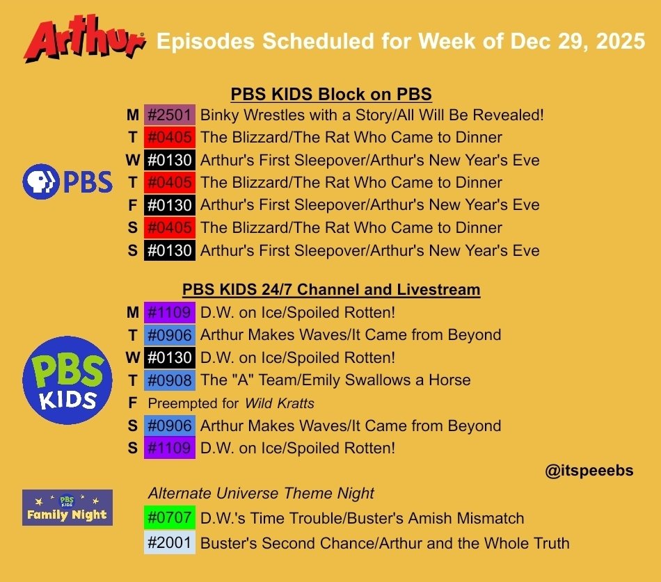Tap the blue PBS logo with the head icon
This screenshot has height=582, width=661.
[x=67, y=182]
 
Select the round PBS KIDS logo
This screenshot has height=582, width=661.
[x=67, y=380]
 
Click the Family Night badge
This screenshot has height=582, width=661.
[x=67, y=508]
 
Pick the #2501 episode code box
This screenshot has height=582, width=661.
[x=170, y=115]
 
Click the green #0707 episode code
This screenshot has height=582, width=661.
[x=170, y=518]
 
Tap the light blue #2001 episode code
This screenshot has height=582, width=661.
[x=170, y=543]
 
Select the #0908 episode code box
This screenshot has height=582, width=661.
[x=170, y=380]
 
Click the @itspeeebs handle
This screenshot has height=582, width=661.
[x=589, y=471]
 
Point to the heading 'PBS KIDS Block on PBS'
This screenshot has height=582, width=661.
[x=331, y=94]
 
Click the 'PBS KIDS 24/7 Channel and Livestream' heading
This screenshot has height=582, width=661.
[x=331, y=289]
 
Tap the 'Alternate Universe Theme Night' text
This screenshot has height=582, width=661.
[x=261, y=494]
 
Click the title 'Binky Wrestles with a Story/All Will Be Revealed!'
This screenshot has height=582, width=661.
[x=372, y=115]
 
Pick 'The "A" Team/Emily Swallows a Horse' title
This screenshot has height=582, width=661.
[x=335, y=380]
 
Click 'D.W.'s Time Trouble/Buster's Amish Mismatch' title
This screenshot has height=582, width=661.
[x=362, y=518]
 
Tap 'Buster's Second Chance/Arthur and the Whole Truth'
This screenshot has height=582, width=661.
[x=385, y=543]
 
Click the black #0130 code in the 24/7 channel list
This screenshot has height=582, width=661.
[x=170, y=357]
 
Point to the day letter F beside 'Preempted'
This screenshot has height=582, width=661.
[x=132, y=403]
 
